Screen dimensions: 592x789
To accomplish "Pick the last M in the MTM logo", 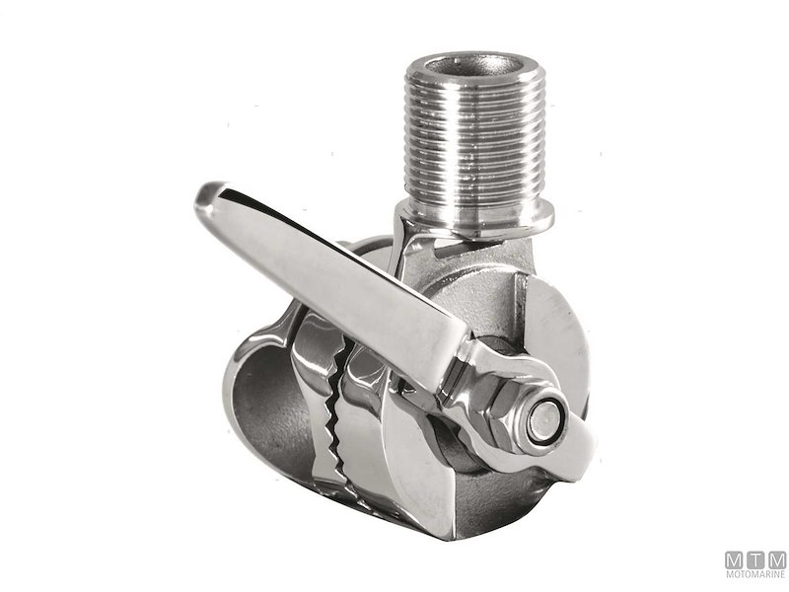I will pyautogui.click(x=776, y=558).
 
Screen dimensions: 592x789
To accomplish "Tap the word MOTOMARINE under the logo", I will pyautogui.click(x=754, y=574).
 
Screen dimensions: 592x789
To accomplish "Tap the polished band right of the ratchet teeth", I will pyautogui.click(x=380, y=434).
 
